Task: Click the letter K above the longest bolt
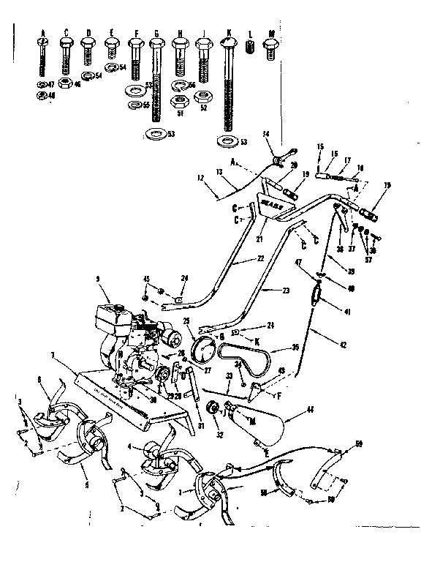tap(229, 33)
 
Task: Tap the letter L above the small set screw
tap(250, 33)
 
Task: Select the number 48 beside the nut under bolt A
tap(51, 95)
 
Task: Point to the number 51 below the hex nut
tap(179, 113)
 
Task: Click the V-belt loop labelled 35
tap(241, 359)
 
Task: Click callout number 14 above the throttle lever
tap(266, 134)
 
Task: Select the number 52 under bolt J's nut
tap(203, 108)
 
